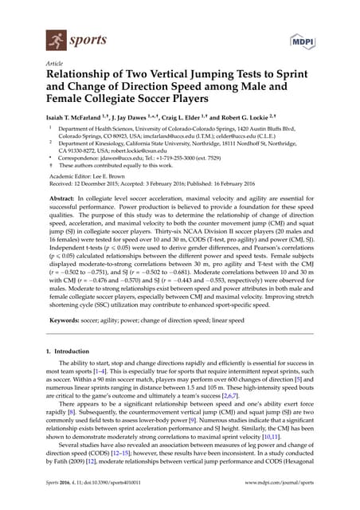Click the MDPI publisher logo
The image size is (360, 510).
point(303,39)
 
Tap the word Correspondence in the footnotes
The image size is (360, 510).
point(83,158)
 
